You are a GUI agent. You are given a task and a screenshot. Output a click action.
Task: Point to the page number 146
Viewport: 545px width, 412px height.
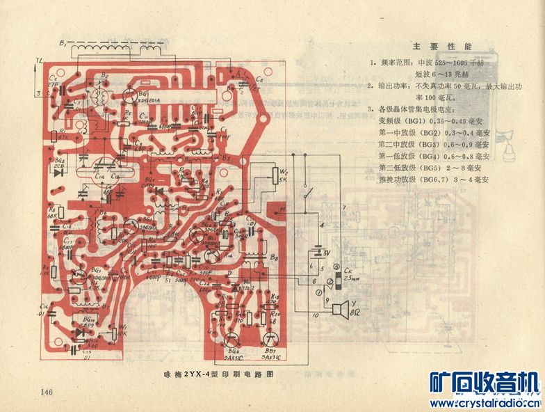pos(47,393)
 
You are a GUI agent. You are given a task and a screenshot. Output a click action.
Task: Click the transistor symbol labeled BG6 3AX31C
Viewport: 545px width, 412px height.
pos(232,339)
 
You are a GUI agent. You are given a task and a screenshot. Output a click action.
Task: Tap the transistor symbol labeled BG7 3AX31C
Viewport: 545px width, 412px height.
pos(271,339)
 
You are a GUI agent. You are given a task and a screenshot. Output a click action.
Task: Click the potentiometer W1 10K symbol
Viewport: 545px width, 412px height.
pos(115,329)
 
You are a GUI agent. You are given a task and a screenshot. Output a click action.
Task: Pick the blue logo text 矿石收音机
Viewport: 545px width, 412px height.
pos(485,382)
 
